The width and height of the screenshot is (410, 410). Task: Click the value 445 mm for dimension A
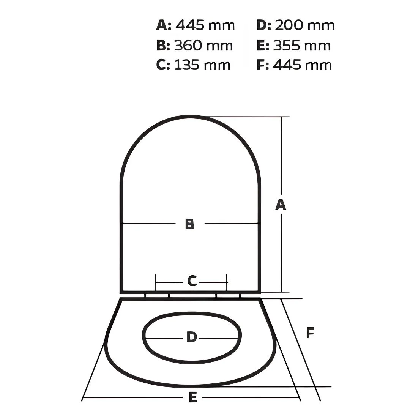(x=205, y=25)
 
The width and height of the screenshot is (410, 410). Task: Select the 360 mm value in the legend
(x=203, y=46)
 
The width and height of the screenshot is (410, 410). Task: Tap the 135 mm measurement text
(x=202, y=65)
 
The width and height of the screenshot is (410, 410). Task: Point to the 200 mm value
(x=304, y=25)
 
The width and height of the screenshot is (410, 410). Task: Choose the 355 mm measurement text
(x=302, y=46)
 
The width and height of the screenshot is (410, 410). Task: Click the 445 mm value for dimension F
(x=302, y=65)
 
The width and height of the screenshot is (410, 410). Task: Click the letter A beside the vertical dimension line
(x=281, y=205)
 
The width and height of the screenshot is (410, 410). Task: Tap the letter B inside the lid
(x=189, y=224)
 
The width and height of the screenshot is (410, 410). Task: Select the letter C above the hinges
(x=192, y=281)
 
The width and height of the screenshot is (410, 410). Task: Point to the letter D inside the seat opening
(x=192, y=337)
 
